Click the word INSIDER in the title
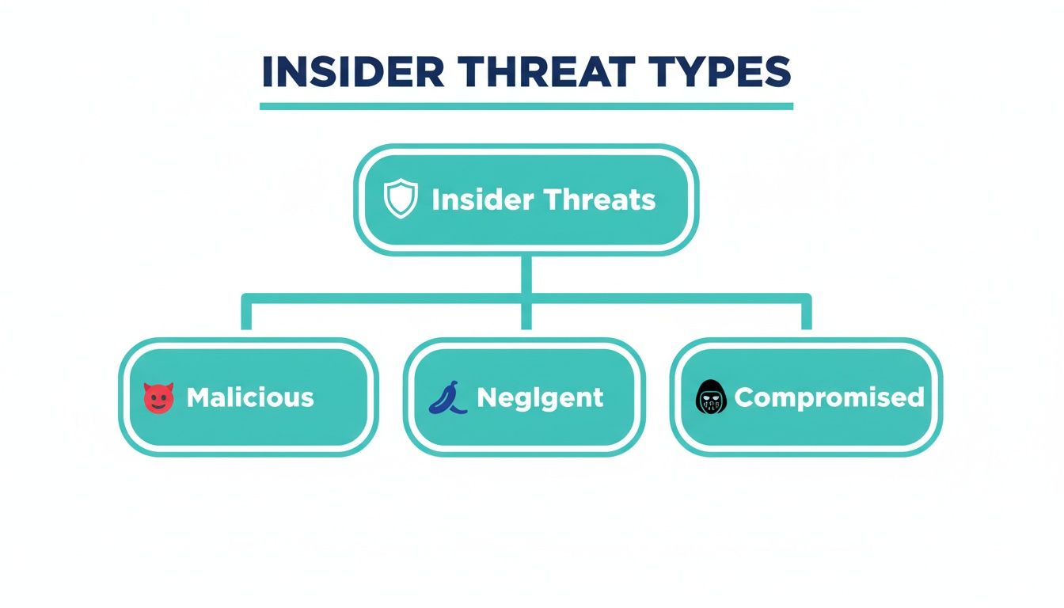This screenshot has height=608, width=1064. click(x=353, y=72)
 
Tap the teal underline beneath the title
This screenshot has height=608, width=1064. click(x=526, y=106)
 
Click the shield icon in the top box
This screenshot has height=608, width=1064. click(x=400, y=199)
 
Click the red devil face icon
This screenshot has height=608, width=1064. click(x=158, y=397)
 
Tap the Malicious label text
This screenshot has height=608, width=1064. click(x=250, y=397)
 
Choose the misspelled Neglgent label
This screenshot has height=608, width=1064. click(x=540, y=397)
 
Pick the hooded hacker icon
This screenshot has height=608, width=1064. click(x=710, y=397)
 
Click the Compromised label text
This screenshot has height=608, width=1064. click(x=829, y=397)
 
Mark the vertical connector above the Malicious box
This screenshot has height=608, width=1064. click(x=246, y=315)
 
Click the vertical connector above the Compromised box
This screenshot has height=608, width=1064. click(x=806, y=315)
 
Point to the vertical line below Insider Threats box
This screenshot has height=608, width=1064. click(x=526, y=273)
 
